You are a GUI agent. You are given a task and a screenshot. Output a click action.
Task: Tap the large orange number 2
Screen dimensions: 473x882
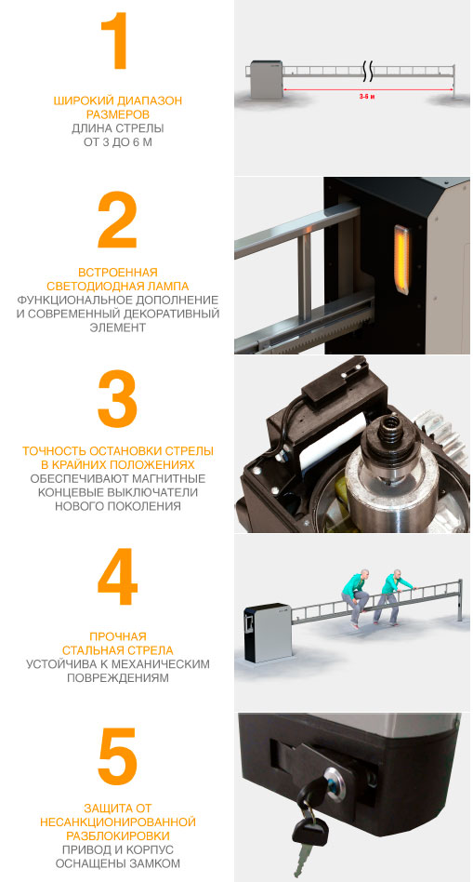pos(117,220)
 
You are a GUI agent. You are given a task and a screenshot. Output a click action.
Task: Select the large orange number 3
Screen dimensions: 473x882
pos(117,399)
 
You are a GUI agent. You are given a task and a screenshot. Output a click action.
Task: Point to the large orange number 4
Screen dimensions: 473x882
pos(117,577)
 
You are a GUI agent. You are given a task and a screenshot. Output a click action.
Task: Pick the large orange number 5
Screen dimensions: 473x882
pos(117,756)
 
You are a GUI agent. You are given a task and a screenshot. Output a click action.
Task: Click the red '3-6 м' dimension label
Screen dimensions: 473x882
pos(367,97)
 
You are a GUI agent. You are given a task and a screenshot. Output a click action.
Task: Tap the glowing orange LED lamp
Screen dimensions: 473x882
pos(402,260)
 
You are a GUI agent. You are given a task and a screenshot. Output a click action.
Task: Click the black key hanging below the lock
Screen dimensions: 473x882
pos(308,833)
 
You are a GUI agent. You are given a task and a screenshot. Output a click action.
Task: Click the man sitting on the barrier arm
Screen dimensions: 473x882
pos(355,597)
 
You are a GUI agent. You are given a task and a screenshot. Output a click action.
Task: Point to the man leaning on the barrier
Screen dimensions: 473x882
pos(396,596)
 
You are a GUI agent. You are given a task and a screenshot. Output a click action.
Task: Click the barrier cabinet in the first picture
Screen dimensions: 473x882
pos(267,80)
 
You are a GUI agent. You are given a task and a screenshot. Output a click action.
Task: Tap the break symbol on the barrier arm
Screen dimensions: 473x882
pos(367,72)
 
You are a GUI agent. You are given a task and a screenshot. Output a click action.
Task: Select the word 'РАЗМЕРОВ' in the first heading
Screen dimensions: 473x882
pos(117,114)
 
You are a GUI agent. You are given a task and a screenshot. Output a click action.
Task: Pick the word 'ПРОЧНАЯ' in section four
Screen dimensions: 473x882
pos(117,636)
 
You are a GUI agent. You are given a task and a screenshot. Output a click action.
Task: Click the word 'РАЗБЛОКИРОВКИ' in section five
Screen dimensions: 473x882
pos(118,835)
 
